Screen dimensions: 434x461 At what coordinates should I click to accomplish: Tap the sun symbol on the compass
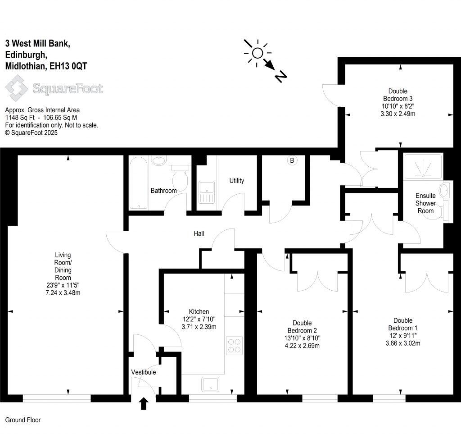pos(257,53)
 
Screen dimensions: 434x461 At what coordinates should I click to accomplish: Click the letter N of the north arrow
pos(281,77)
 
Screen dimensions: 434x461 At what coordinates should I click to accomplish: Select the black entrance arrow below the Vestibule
pos(144,403)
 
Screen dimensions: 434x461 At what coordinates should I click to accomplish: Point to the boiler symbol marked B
pos(292,160)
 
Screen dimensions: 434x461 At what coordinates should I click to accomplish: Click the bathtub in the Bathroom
pos(139,183)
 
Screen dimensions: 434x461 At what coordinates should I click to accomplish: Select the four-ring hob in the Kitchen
pos(234,345)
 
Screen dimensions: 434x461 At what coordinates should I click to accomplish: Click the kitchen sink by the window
pos(210,384)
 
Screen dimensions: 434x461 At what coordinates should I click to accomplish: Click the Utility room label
pos(237,181)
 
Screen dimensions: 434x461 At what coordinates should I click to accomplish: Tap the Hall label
pos(199,233)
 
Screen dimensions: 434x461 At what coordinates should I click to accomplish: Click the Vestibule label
pos(144,372)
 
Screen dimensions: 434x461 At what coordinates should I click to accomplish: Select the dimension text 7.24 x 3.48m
pos(63,293)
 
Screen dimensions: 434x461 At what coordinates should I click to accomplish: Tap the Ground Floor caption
pos(23,420)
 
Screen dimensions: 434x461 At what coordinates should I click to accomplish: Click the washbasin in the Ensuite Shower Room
pos(444,190)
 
